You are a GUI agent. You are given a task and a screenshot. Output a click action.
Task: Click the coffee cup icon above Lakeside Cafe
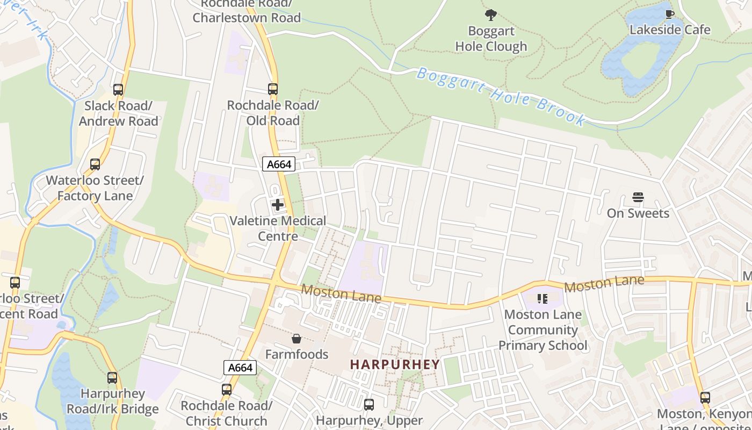[669, 14]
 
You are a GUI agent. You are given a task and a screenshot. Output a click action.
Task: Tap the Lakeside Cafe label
[670, 30]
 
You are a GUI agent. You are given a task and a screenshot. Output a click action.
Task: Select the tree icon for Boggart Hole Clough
[490, 15]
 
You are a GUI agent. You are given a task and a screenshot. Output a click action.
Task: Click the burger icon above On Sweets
[638, 198]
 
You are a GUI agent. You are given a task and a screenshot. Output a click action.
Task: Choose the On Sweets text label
[638, 213]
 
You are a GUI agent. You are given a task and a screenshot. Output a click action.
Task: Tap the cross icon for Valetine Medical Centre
[278, 205]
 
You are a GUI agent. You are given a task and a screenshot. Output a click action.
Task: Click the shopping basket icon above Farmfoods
[296, 339]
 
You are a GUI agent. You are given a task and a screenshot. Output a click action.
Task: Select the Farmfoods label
[297, 354]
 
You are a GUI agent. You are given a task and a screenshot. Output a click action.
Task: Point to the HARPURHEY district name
[395, 364]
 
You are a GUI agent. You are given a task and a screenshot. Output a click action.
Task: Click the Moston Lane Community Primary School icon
[543, 298]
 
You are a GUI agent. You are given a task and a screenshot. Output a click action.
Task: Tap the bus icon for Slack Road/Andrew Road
[118, 90]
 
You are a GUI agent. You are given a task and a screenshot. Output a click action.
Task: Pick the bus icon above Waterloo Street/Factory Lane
[95, 164]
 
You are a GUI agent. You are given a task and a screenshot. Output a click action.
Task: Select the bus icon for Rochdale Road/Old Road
[273, 89]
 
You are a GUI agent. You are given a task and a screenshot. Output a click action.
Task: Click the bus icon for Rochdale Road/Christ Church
[227, 390]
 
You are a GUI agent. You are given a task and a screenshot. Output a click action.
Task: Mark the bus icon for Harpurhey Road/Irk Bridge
[112, 378]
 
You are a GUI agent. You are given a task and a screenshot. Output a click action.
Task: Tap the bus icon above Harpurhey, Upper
[369, 405]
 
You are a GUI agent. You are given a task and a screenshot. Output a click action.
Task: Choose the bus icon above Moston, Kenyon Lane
[705, 398]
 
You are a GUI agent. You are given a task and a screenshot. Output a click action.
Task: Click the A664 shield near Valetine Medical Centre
[279, 164]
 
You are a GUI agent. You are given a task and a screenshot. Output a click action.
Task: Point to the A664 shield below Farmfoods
[240, 368]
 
